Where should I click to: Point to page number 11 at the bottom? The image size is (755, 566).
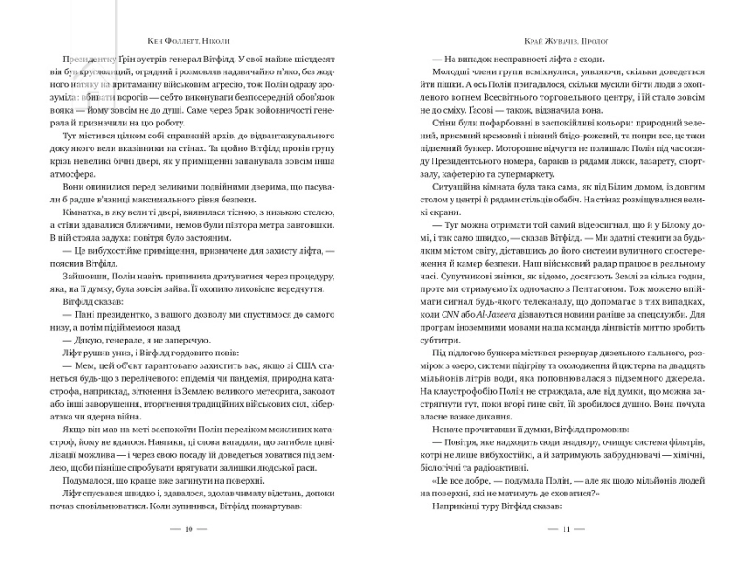click(565, 529)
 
